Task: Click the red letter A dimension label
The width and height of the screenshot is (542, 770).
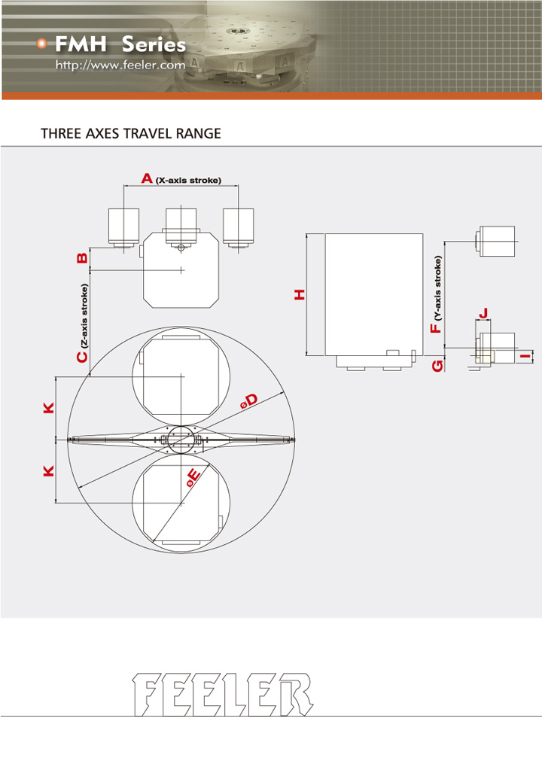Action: click(147, 178)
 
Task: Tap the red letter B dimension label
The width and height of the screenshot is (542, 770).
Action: click(83, 258)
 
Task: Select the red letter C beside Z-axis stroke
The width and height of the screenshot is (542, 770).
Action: click(83, 356)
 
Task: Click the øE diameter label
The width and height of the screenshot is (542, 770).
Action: click(193, 478)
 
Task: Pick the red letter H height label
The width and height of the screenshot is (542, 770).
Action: click(300, 294)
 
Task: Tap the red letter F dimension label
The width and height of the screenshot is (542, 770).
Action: click(436, 328)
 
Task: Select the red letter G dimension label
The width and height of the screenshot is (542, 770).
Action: click(437, 365)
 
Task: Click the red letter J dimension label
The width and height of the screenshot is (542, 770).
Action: click(483, 313)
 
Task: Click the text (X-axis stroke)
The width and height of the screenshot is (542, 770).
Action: click(188, 180)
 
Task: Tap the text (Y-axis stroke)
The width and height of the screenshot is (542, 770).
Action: click(438, 288)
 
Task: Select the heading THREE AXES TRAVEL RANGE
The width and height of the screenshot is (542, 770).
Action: click(131, 133)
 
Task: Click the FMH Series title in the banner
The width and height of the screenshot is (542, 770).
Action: click(120, 44)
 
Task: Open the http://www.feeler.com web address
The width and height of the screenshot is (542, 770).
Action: click(120, 65)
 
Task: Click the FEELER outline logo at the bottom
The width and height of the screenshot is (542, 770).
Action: click(223, 695)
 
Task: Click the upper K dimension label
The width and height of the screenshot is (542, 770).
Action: click(49, 407)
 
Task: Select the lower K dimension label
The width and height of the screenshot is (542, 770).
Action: click(49, 471)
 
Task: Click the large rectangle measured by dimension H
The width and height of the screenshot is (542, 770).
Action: click(374, 294)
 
